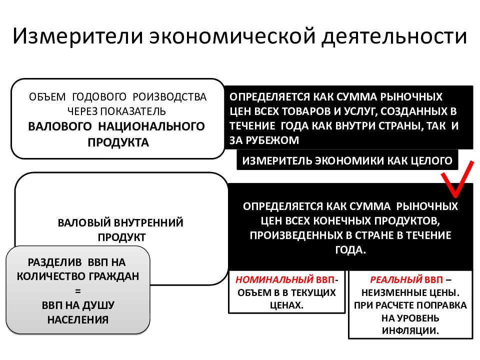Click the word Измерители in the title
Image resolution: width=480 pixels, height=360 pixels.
[78, 36]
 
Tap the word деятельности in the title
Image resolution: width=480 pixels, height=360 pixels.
[394, 36]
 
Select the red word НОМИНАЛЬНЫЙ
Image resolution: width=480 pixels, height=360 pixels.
[274, 279]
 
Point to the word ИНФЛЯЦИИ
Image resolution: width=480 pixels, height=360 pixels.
[410, 330]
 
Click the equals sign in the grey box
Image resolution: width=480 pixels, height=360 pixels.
[78, 291]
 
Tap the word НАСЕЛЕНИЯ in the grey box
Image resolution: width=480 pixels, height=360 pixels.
[78, 319]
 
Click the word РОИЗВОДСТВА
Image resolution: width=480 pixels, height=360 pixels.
[169, 96]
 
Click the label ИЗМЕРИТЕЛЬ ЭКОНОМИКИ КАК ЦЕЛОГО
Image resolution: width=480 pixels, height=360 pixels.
[347, 160]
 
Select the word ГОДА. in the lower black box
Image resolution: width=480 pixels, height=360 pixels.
[350, 250]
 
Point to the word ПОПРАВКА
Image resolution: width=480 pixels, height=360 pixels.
[444, 305]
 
